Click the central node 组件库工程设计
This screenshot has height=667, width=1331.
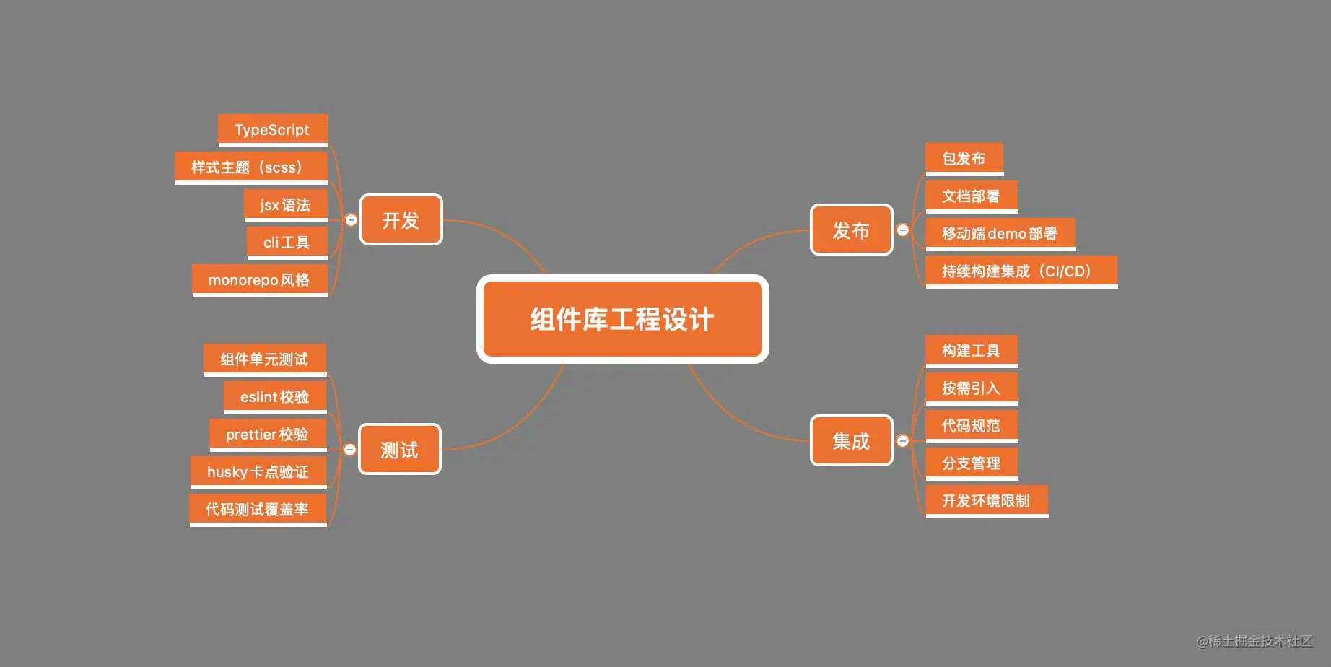(x=622, y=319)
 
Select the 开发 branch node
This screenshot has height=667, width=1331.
(x=401, y=219)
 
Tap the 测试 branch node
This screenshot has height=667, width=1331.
(x=400, y=449)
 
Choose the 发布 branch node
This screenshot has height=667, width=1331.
(x=852, y=230)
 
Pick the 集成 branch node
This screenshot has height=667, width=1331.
(x=852, y=440)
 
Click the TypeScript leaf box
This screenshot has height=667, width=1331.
(x=273, y=130)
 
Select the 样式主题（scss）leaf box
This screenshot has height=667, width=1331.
(x=251, y=167)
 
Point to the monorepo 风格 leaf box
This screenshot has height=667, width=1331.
(x=260, y=280)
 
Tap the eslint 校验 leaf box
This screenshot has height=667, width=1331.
(x=275, y=397)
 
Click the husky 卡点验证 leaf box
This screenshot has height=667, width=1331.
(x=258, y=472)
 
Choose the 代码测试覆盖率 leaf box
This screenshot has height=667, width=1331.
(x=258, y=510)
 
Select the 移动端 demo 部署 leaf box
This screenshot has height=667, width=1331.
(x=1000, y=234)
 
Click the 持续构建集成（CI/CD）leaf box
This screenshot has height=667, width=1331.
(x=1021, y=271)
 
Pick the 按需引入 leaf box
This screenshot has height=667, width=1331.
(x=972, y=388)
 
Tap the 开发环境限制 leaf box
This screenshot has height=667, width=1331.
(x=987, y=501)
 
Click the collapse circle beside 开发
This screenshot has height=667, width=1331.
(x=351, y=219)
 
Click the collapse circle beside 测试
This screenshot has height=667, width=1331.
(x=349, y=449)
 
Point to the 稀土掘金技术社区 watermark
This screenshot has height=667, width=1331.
(x=1254, y=640)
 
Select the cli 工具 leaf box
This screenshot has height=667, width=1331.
(x=287, y=243)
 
